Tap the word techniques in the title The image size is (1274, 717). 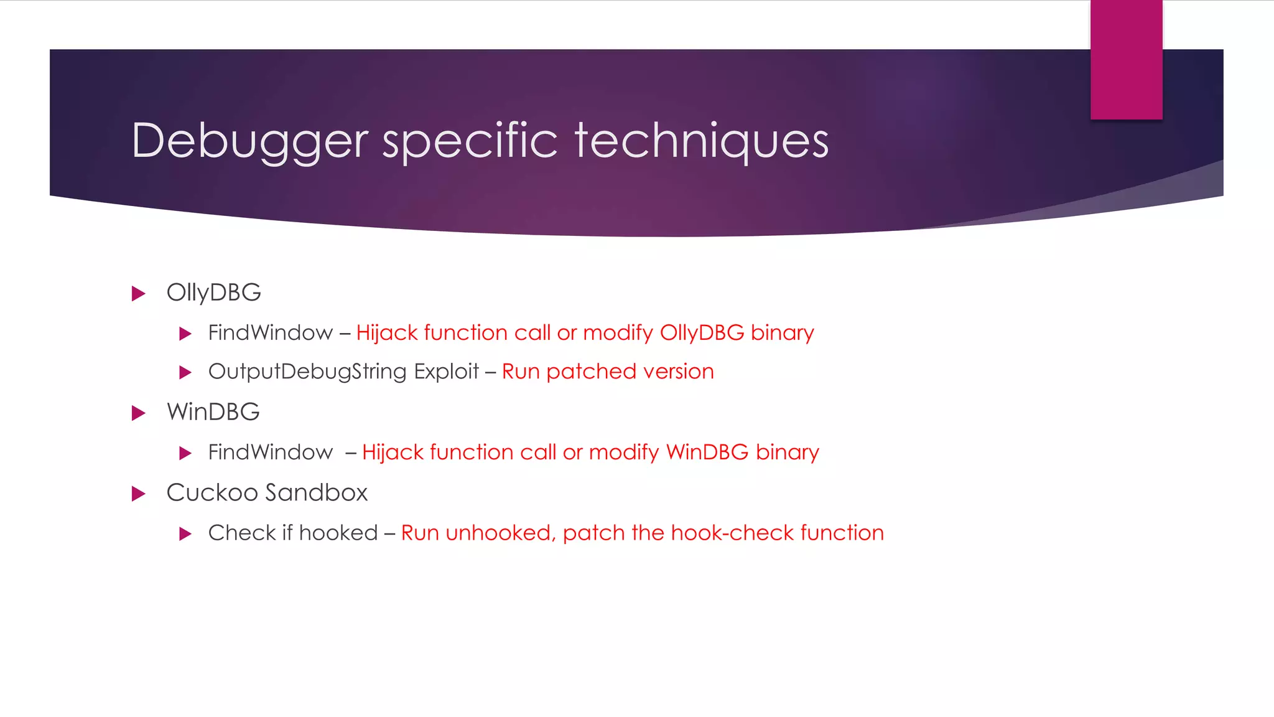701,141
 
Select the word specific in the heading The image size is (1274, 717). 470,141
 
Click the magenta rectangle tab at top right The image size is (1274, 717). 1126,60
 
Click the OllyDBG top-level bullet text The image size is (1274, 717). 213,293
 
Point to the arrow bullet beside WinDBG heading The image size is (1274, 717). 138,413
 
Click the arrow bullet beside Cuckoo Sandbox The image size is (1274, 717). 138,494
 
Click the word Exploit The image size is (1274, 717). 446,372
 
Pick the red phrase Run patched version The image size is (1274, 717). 608,372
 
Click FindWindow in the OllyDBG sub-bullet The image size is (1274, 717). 270,333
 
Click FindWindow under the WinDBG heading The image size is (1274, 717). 270,452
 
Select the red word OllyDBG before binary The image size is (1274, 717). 702,333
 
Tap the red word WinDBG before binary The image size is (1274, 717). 707,452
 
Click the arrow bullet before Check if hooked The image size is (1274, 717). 185,533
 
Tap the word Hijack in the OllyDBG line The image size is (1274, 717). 386,333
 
